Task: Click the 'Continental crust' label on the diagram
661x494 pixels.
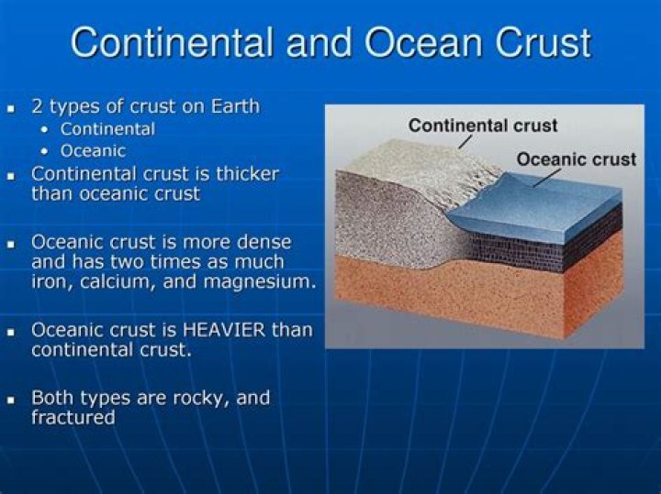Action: [x=483, y=126]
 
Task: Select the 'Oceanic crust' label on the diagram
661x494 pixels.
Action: [x=576, y=159]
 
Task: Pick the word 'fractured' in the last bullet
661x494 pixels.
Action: [x=73, y=418]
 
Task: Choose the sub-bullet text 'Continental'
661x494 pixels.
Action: [x=107, y=129]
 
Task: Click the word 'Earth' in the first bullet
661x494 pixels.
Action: [x=233, y=106]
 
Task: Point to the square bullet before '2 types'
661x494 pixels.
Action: [x=12, y=108]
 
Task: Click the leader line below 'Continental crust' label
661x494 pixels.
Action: [x=465, y=142]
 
